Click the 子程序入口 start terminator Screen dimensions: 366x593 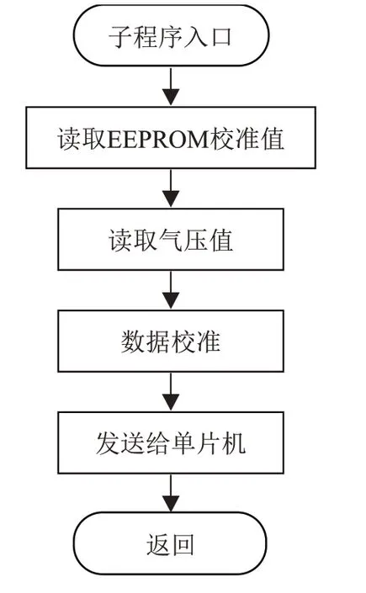171,35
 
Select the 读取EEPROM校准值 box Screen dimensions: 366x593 171,138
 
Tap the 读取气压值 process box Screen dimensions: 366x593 171,240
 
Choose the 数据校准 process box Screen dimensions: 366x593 171,342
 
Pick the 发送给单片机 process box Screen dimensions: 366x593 171,443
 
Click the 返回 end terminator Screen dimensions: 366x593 170,543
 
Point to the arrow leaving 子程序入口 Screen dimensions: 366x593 171,87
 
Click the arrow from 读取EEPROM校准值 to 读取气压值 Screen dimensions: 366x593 171,188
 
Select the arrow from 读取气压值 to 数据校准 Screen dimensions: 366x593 171,290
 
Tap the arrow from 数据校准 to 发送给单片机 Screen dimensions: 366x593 171,392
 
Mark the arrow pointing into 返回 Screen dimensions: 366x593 171,493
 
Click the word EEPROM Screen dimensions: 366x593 158,139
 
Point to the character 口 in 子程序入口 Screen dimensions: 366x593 221,37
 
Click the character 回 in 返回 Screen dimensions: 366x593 183,545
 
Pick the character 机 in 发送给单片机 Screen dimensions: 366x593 234,443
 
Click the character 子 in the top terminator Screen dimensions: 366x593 121,37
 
